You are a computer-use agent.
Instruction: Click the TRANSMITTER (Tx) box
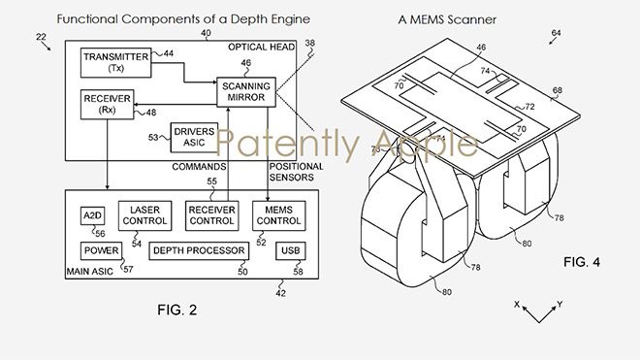coord(116,62)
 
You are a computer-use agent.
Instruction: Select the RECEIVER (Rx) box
coord(107,105)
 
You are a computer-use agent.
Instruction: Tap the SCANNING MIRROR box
coord(246,92)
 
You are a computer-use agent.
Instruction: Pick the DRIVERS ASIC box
coord(194,138)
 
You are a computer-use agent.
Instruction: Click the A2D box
coord(93,215)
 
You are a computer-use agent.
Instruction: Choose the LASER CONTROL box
coord(144,215)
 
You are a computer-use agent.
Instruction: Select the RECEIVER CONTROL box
coord(211,215)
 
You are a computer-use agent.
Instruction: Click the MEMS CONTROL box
coord(278,215)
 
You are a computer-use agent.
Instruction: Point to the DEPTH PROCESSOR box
coord(199,251)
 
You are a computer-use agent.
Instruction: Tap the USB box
coord(291,251)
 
